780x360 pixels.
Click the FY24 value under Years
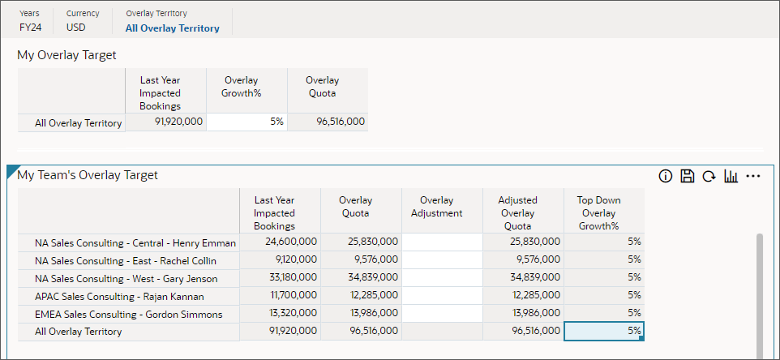(31, 28)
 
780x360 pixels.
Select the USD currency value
(77, 28)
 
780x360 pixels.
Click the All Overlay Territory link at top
(172, 28)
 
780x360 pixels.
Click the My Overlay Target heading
(66, 55)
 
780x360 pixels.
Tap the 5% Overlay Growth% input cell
(246, 122)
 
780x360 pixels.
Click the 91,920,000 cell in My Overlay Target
(166, 122)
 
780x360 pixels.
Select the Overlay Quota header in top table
(322, 87)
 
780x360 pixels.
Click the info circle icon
(666, 176)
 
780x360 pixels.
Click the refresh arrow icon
(709, 176)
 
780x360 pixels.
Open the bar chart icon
(731, 176)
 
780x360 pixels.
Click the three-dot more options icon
(753, 176)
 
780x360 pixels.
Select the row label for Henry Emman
(135, 242)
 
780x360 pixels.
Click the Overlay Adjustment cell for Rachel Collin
(442, 260)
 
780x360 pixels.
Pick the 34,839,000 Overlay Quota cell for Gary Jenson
(361, 278)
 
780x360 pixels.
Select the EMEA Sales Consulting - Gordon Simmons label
(128, 314)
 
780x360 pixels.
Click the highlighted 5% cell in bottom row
(604, 332)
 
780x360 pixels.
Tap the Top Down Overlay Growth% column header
(598, 213)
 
